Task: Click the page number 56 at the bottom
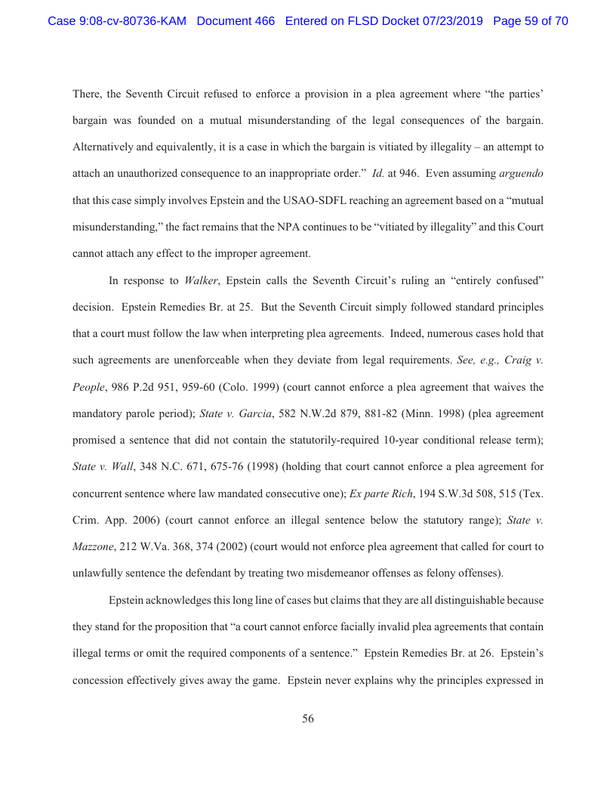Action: point(308,719)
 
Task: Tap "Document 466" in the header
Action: point(236,21)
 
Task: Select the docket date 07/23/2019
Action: point(447,21)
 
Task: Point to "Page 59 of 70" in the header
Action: point(530,21)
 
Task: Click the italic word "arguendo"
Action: point(521,173)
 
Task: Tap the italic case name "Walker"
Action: point(202,280)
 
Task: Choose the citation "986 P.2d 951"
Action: point(139,387)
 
